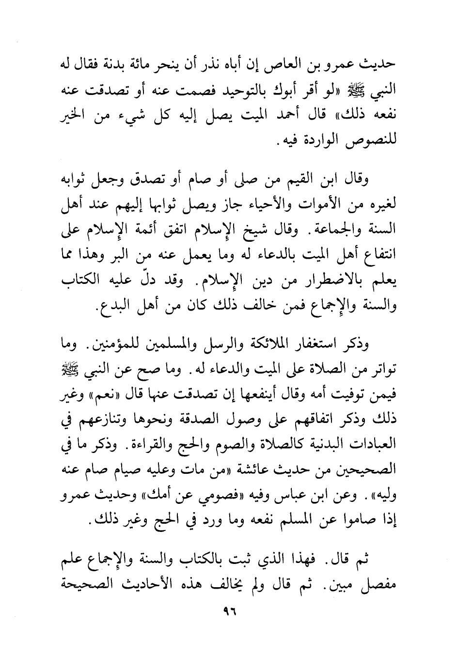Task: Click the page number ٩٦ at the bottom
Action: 229,611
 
